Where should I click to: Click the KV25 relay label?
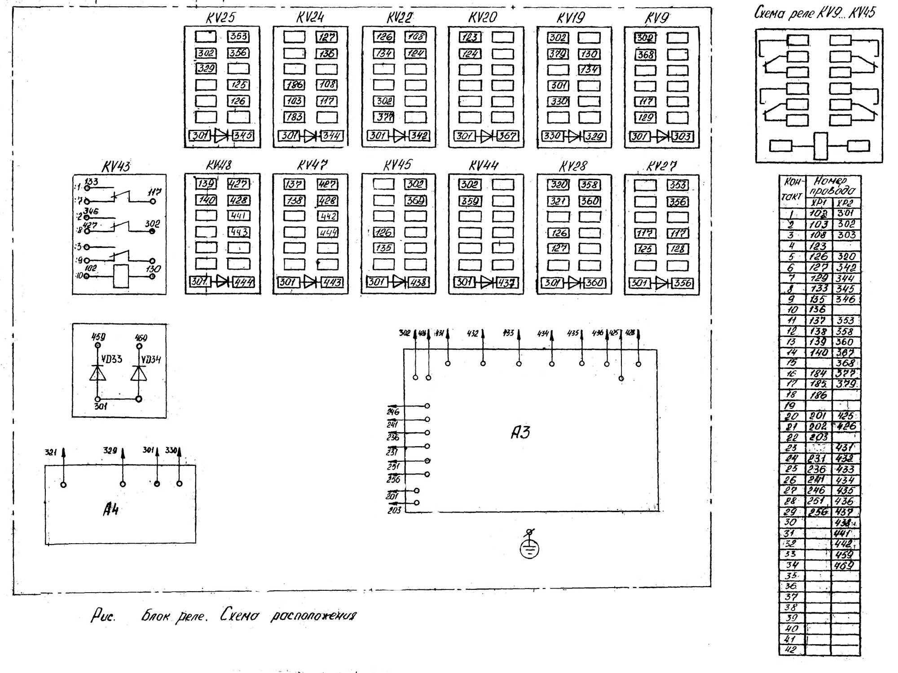(x=220, y=18)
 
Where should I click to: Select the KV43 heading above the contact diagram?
(x=116, y=167)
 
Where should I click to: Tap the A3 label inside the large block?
(x=521, y=432)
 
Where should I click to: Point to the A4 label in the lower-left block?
(x=111, y=509)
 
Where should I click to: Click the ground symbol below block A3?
(x=529, y=548)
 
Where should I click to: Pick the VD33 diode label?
(x=112, y=359)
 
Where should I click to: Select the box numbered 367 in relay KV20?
(x=507, y=136)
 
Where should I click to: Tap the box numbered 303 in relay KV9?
(x=682, y=136)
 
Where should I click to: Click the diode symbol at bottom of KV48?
(x=222, y=282)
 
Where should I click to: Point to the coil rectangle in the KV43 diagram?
(x=121, y=276)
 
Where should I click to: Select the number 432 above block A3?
(x=473, y=333)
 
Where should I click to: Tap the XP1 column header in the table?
(x=819, y=202)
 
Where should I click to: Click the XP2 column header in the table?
(x=845, y=202)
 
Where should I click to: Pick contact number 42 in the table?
(x=791, y=650)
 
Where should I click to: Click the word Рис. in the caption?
(x=103, y=615)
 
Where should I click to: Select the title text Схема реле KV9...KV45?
(x=814, y=13)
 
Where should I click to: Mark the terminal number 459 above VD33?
(x=98, y=337)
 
